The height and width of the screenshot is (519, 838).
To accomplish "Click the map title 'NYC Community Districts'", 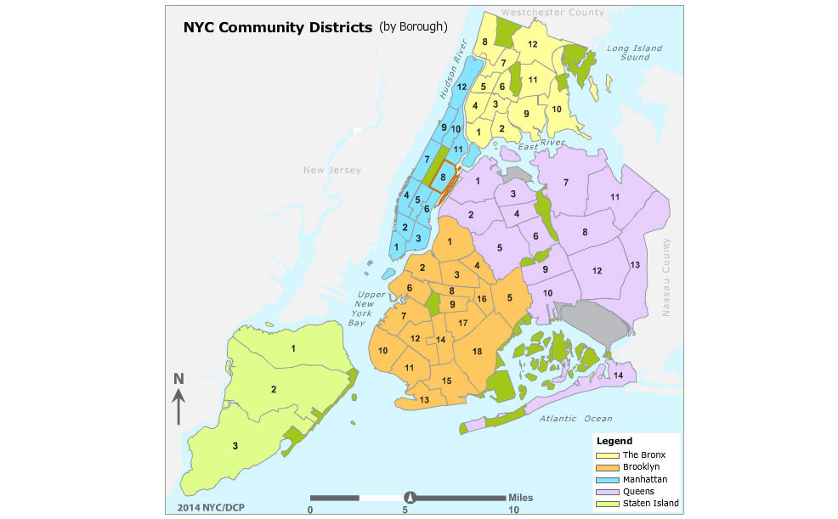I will pos(277,27).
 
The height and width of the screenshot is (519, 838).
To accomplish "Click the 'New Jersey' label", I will pos(332,171).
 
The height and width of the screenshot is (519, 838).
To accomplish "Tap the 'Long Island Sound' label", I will pos(634,53).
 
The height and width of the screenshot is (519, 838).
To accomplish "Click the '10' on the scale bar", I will pos(512,509).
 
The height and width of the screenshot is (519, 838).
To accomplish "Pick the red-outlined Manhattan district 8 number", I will pos(443,177).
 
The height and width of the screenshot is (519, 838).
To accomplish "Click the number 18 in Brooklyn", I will pos(477,352).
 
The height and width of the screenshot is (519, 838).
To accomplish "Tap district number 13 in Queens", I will pos(634,266).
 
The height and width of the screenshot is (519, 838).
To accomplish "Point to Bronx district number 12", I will pos(533,44).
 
